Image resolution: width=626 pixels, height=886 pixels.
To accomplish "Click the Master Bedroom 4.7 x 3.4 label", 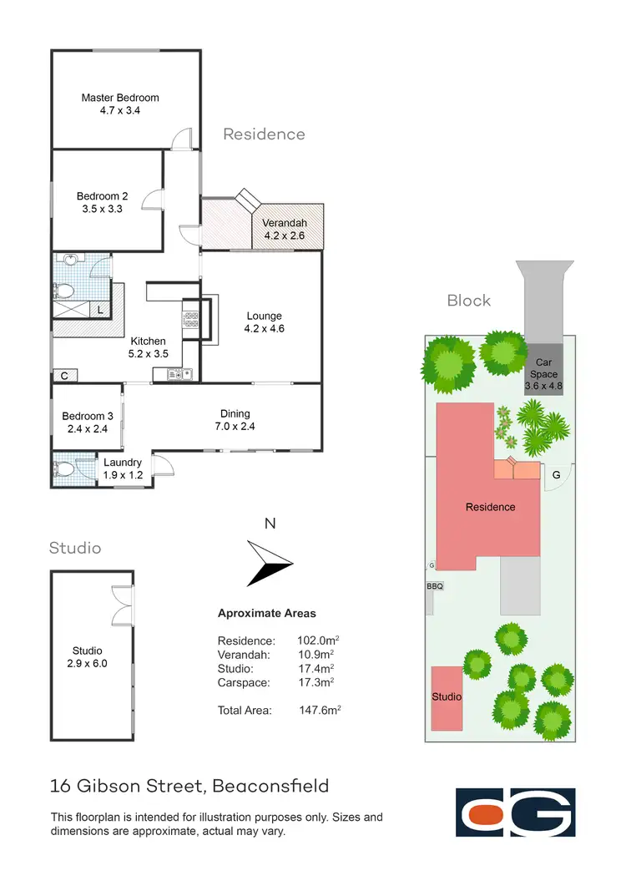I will (x=119, y=104).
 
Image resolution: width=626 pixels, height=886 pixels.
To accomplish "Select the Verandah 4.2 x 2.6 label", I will (x=285, y=230).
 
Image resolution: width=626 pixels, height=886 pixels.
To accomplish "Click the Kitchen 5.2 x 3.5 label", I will (x=147, y=347).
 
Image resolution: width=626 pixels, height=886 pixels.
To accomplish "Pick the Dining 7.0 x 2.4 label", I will (x=235, y=419).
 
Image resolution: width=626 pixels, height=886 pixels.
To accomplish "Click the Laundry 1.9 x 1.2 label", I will (x=122, y=468).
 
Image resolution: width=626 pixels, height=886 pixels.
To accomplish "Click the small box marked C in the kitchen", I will (x=63, y=376).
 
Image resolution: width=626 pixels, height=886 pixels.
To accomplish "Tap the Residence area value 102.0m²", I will (x=318, y=640).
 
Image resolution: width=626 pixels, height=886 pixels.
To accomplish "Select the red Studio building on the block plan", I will (x=447, y=696).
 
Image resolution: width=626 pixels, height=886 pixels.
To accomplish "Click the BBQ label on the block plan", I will (x=434, y=586).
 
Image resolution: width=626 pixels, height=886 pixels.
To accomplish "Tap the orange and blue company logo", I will (x=515, y=812).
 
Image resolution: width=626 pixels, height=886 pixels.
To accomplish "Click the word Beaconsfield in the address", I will (x=270, y=786).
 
